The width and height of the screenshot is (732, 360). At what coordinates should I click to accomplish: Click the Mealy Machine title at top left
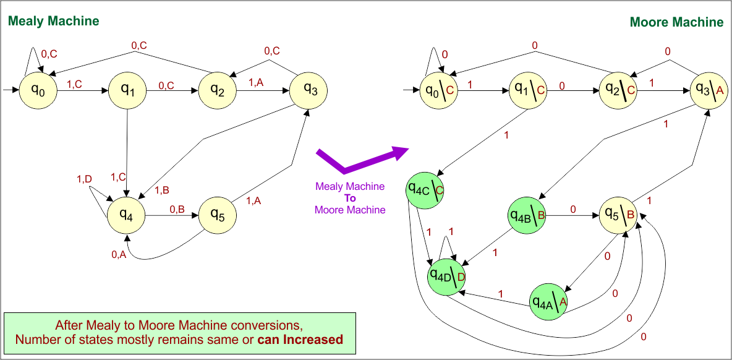(x=53, y=21)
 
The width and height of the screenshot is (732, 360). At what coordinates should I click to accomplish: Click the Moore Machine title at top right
(x=676, y=22)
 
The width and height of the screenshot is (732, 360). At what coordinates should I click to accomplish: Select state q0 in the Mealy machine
(x=38, y=90)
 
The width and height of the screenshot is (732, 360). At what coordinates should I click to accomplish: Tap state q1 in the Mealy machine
(x=127, y=90)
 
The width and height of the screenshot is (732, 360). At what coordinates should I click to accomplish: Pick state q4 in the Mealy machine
(x=126, y=215)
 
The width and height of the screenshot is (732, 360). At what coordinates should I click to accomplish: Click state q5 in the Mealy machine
(x=217, y=214)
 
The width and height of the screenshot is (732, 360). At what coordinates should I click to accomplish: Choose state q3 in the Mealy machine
(x=309, y=90)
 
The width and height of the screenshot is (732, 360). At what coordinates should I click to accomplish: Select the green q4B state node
(x=527, y=215)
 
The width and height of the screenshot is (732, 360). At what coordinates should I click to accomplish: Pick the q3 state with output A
(x=709, y=90)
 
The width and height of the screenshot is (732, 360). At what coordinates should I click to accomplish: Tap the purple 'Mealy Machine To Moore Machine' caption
(x=350, y=198)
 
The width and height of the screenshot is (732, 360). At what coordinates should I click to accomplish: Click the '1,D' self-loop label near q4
(x=84, y=179)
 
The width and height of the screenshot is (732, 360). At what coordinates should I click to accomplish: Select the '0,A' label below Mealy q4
(x=119, y=254)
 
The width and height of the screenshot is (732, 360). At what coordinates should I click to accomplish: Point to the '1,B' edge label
(x=162, y=189)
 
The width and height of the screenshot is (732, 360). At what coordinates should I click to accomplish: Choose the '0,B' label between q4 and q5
(x=177, y=209)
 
